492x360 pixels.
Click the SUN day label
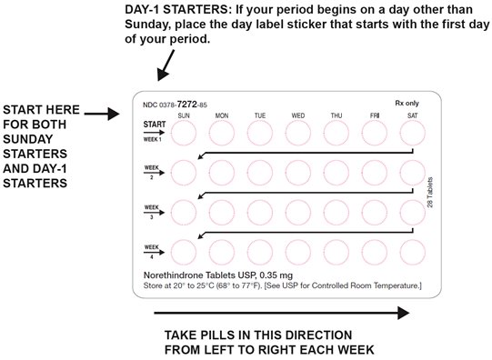tap(184, 115)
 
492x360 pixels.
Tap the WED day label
tap(298, 115)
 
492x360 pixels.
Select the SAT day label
tap(413, 115)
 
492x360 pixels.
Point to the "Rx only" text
tap(407, 103)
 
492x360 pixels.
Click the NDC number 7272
tap(186, 105)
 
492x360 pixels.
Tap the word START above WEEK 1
tap(155, 125)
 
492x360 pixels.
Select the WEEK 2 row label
tap(152, 172)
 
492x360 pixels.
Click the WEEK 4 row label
tap(152, 252)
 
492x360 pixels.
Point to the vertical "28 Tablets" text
tap(430, 192)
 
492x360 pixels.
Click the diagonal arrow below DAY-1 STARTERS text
tap(166, 65)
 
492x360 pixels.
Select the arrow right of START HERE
tap(102, 114)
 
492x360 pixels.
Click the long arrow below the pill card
tap(282, 313)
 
